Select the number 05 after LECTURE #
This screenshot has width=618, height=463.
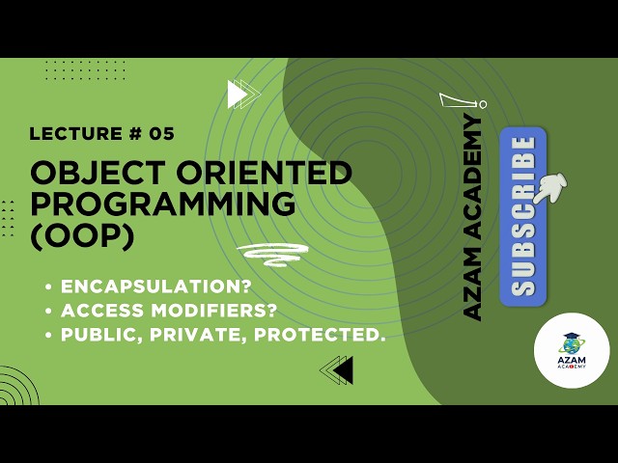(163, 134)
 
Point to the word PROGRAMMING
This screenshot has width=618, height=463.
(163, 204)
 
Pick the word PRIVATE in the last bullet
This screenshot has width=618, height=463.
(184, 335)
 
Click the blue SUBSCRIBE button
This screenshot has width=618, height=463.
(522, 215)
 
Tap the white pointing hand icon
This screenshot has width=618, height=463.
(552, 186)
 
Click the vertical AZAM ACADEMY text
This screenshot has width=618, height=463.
(472, 217)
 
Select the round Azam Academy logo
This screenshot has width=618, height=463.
(572, 350)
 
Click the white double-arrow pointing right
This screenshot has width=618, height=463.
(242, 95)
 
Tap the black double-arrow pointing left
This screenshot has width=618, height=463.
(337, 369)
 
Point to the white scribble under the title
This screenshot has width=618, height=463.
(272, 253)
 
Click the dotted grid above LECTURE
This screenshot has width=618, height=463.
(85, 70)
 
